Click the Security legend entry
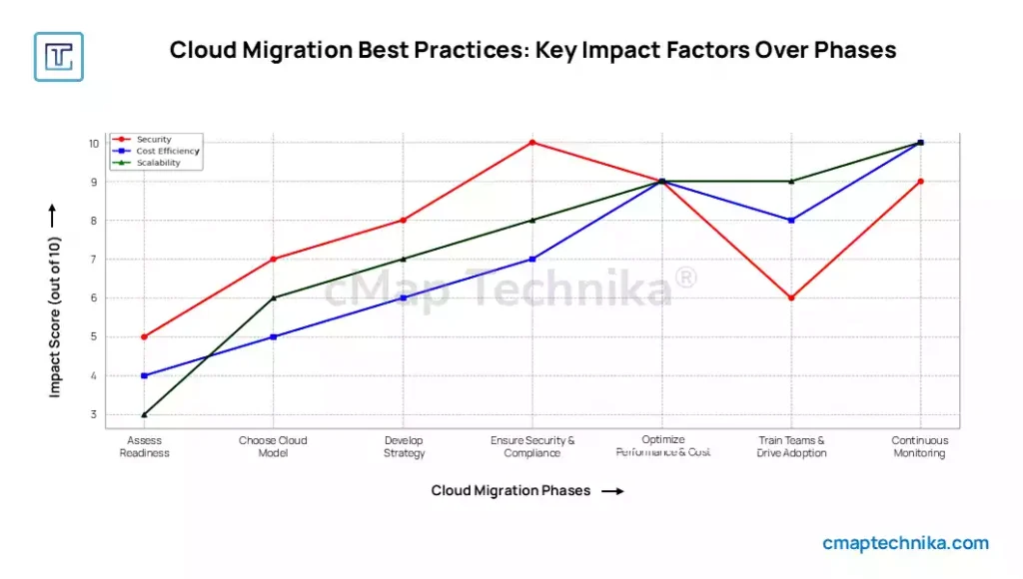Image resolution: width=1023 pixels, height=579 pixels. click(x=154, y=140)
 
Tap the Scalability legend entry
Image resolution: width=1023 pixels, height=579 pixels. click(x=158, y=163)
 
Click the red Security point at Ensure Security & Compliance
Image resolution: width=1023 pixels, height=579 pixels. click(x=532, y=143)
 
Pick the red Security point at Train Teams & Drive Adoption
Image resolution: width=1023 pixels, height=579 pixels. click(x=791, y=297)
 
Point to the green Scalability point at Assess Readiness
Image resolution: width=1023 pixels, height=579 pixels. click(x=145, y=414)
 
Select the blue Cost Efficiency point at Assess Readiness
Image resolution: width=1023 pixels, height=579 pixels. click(x=145, y=375)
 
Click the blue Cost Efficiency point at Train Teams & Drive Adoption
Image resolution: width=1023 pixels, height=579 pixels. click(x=791, y=221)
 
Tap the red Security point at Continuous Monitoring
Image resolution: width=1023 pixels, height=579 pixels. click(x=920, y=182)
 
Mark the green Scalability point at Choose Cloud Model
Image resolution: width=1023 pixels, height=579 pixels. click(x=274, y=297)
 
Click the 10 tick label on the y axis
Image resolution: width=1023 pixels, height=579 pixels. click(x=93, y=143)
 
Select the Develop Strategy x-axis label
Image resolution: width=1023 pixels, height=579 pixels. click(x=404, y=446)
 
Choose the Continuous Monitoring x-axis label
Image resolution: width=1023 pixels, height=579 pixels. click(x=920, y=446)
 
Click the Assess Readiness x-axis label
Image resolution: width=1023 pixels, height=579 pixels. click(x=145, y=446)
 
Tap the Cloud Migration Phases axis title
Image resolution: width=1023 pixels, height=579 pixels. click(x=511, y=491)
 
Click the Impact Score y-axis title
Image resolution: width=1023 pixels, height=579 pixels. click(x=55, y=317)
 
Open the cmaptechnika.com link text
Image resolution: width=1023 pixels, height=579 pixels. click(x=905, y=544)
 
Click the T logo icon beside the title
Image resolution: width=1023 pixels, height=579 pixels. click(x=59, y=56)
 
